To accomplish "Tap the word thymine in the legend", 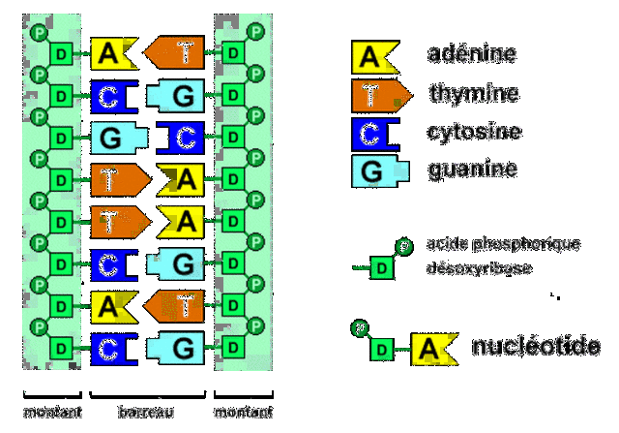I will pyautogui.click(x=474, y=94).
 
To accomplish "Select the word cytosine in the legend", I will pyautogui.click(x=473, y=132).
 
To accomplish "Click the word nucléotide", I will pyautogui.click(x=535, y=347).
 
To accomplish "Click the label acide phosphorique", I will pyautogui.click(x=503, y=243).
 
